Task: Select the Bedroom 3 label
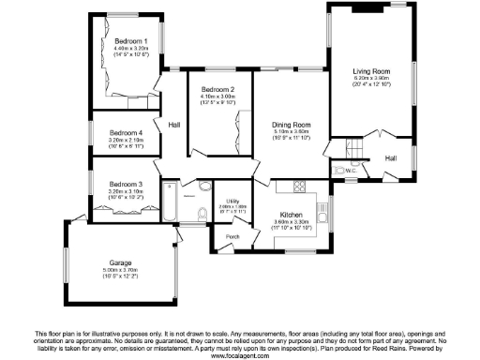tap(125, 184)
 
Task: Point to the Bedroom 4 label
tap(125, 133)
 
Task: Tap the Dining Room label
tap(292, 125)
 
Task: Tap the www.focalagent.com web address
tap(240, 355)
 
